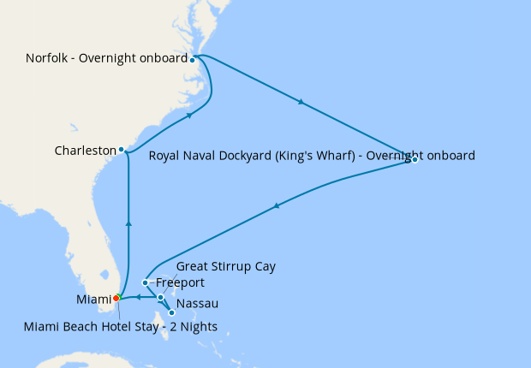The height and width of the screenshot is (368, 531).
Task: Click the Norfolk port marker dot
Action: click(193, 60)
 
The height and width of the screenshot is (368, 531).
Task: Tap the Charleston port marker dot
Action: click(122, 150)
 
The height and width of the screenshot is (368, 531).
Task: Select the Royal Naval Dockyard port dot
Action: click(414, 160)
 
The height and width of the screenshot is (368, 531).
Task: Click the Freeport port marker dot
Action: click(146, 282)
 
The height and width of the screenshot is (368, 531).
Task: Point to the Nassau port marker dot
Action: click(171, 312)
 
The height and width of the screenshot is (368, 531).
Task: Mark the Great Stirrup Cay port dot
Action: click(160, 298)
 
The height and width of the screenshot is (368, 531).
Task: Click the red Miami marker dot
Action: click(116, 298)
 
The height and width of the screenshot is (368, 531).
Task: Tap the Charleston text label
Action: click(84, 151)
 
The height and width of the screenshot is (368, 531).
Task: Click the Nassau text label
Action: click(195, 304)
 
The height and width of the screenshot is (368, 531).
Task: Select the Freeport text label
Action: click(180, 282)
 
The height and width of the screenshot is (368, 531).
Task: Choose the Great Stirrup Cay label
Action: click(225, 266)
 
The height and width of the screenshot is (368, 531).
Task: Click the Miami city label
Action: click(93, 299)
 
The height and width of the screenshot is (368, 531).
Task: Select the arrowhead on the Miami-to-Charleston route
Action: click(128, 223)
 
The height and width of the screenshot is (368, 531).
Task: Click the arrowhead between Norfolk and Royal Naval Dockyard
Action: click(301, 103)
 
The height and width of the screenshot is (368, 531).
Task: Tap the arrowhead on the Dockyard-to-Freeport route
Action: click(276, 206)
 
